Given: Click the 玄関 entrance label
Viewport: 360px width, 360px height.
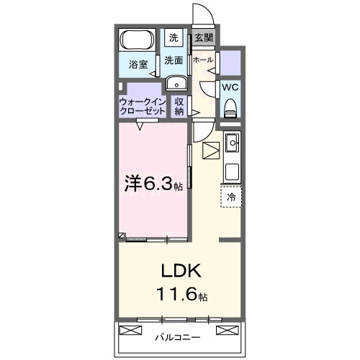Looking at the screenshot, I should [202, 37].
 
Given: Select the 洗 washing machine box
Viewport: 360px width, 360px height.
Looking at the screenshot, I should [174, 37].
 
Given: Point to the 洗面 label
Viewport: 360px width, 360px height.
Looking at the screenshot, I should [173, 60].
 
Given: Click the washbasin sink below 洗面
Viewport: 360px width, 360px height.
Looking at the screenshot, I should [175, 84].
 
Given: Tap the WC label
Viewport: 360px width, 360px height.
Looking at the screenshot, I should [230, 87].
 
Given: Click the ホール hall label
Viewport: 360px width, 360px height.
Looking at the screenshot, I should [203, 60].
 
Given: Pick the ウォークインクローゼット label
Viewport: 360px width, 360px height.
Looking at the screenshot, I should [143, 107].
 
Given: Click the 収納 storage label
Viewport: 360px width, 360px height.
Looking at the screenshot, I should [179, 107].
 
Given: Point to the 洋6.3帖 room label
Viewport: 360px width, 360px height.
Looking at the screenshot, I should [153, 184].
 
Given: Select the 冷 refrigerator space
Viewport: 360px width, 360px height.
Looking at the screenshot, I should [232, 196].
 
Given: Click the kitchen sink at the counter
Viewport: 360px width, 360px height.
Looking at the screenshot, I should [233, 144].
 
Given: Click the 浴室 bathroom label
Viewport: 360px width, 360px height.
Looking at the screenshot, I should [138, 64].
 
